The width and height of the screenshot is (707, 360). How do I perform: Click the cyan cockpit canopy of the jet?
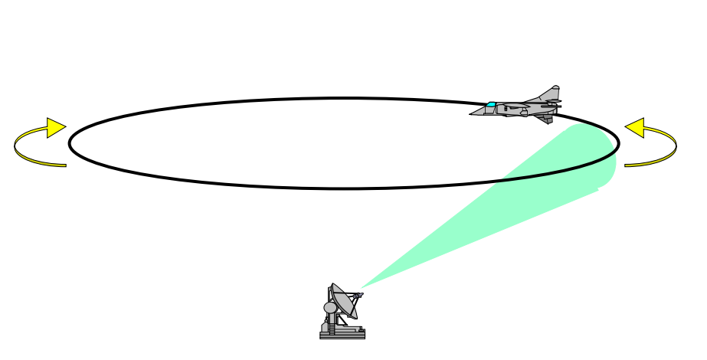(492, 104)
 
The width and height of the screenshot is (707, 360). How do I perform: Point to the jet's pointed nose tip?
(471, 114)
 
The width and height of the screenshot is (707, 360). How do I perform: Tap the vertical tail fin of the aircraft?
(550, 93)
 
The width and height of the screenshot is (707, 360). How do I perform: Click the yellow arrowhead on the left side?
(56, 128)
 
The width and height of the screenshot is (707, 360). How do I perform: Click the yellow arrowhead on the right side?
(635, 128)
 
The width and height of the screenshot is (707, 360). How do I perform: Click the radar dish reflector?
(343, 302)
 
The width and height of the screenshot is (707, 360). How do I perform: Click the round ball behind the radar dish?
(330, 308)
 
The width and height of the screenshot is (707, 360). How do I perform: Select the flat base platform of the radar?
(342, 335)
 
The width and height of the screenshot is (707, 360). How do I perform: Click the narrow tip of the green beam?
(362, 288)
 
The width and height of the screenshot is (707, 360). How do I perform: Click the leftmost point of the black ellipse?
(70, 142)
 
